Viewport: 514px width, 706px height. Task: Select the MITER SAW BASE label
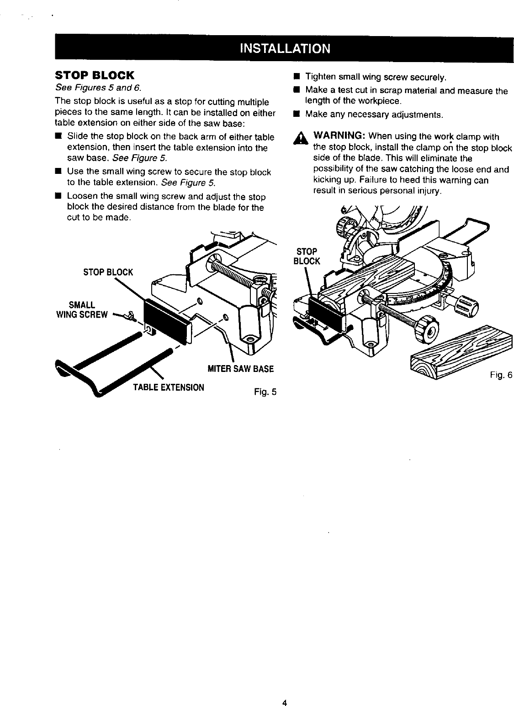pos(240,369)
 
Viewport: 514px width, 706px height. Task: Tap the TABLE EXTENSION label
pos(168,388)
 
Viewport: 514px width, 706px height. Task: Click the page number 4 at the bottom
pos(284,690)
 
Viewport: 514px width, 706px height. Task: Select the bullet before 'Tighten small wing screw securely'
pos(297,75)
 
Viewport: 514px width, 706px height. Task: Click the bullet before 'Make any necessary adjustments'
pos(297,114)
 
